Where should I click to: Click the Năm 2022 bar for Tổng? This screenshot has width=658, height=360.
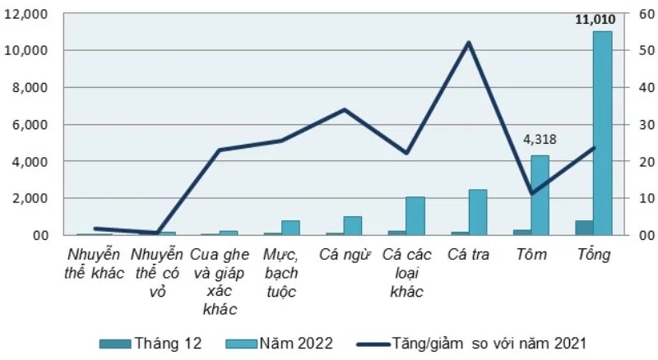(603, 133)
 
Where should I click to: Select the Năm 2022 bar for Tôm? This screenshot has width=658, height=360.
(540, 195)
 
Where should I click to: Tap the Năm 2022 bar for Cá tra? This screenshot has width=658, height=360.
(478, 212)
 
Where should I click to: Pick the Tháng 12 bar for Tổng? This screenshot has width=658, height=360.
(584, 228)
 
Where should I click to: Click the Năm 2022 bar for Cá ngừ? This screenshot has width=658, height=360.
(353, 226)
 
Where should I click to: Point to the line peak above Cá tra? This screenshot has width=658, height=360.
(469, 43)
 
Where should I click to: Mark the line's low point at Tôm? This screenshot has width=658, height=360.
(531, 193)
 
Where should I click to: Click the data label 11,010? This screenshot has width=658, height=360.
(595, 19)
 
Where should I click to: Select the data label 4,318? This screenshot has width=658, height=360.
(540, 139)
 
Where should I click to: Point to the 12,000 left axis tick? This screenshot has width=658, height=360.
(26, 14)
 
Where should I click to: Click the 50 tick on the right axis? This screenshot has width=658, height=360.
(646, 51)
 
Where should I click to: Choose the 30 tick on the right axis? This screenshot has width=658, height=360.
(646, 125)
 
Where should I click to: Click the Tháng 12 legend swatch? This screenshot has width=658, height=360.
(115, 344)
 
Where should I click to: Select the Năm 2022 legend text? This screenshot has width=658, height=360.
(296, 344)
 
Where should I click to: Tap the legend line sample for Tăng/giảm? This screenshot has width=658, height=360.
(373, 344)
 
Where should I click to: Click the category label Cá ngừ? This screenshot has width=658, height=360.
(345, 255)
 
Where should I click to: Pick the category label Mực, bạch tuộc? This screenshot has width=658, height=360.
(281, 273)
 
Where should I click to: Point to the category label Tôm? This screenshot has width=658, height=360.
(531, 254)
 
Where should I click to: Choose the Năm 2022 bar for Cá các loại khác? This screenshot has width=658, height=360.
(415, 216)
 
